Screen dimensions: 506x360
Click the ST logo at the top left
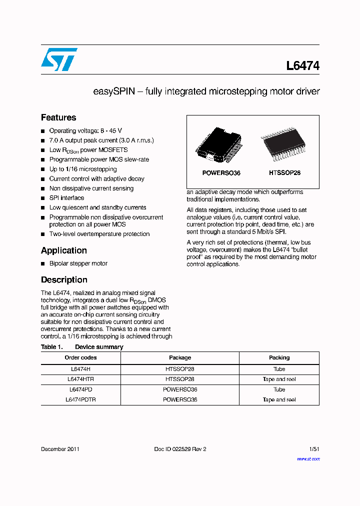59,59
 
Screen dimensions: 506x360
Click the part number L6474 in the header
302,66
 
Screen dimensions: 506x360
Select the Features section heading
58,117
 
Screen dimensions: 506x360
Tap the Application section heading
64,250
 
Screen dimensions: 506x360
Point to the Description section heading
64,280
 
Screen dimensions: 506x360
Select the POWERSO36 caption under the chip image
221,173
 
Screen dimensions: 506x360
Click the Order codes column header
80,357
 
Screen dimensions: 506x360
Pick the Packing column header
279,357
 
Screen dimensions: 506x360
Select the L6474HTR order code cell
80,379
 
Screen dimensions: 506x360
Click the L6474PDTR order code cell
80,399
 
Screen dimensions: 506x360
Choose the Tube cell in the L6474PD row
279,389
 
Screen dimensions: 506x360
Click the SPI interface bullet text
66,198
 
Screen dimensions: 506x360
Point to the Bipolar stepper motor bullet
78,263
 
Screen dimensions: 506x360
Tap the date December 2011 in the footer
60,449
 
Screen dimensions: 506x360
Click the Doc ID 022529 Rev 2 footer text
180,449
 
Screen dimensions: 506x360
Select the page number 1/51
314,449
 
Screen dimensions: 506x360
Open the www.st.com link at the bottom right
308,458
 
